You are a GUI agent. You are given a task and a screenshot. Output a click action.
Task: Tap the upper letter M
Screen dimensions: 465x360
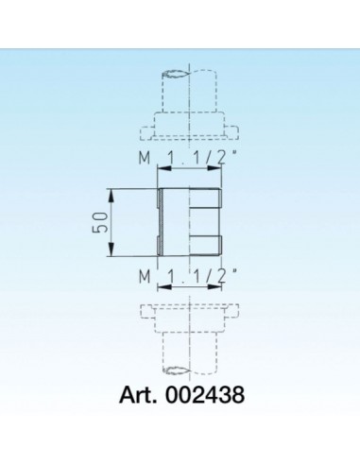[142, 159]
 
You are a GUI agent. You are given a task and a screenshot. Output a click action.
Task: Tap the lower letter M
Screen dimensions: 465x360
[142, 276]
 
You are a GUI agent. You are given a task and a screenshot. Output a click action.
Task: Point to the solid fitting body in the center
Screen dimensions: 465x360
[189, 223]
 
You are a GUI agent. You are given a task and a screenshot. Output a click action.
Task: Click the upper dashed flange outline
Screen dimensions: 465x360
[188, 126]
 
